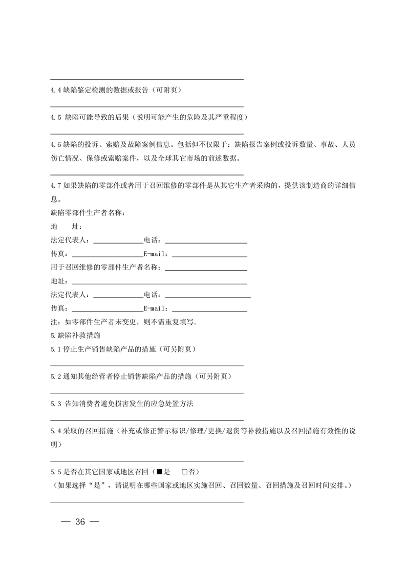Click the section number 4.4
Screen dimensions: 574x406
point(56,90)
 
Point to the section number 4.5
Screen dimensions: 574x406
point(56,117)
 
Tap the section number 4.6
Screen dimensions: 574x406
point(56,145)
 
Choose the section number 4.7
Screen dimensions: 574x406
point(56,185)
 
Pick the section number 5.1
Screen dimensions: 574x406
point(56,349)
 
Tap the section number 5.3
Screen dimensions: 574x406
point(56,404)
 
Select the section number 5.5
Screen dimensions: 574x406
point(56,471)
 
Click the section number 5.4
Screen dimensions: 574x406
point(56,431)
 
